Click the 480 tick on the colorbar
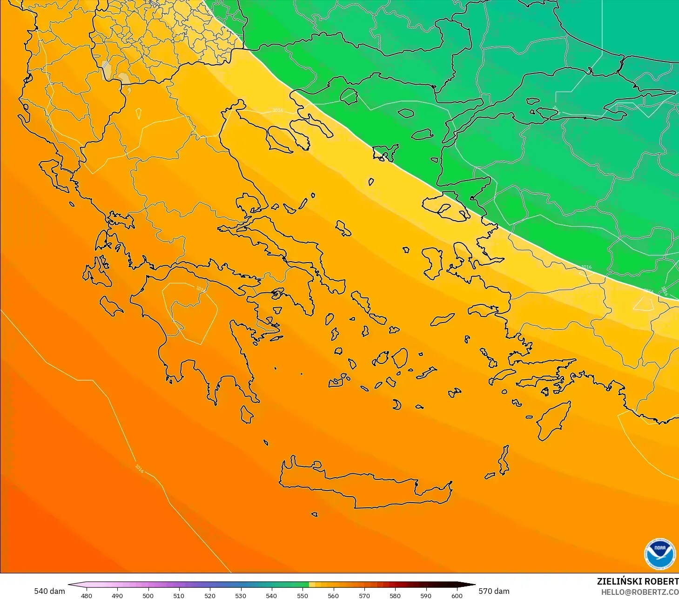[86, 595]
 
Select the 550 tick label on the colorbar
[303, 595]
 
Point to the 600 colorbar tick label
[457, 595]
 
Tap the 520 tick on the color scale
[210, 595]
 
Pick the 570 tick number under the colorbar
[364, 595]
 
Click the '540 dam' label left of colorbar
[49, 591]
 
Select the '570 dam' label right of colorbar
[494, 591]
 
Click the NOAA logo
[659, 554]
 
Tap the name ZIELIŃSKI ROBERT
[638, 581]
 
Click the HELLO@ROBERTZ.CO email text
[639, 592]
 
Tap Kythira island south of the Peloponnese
[247, 414]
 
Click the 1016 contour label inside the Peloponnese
[201, 289]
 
